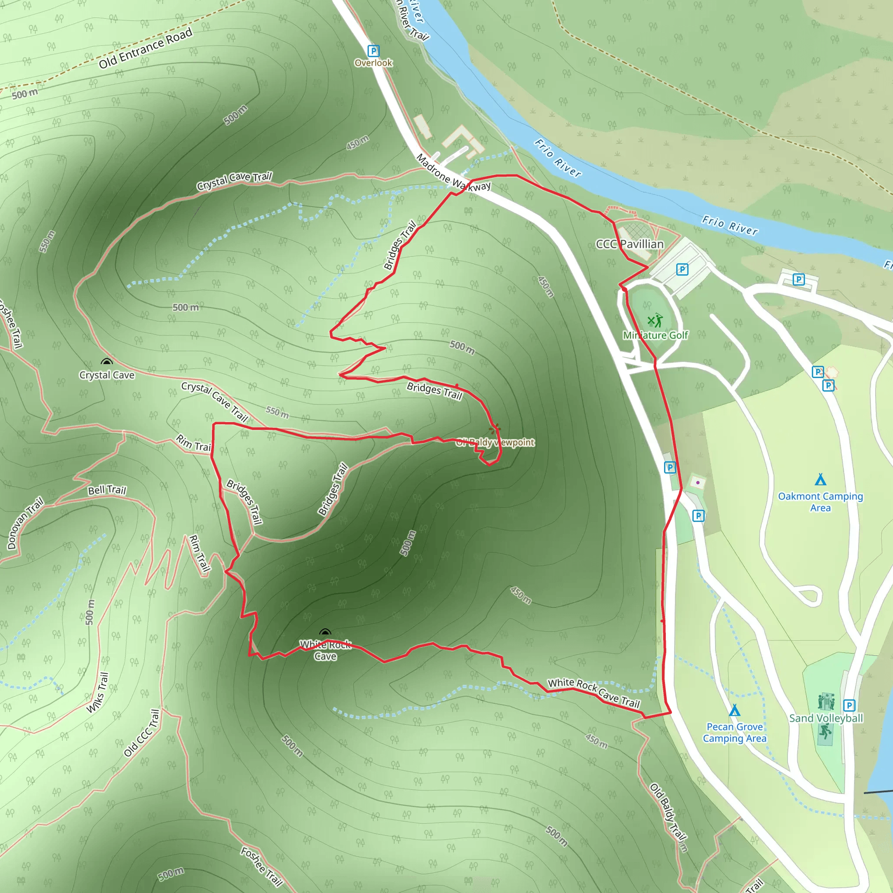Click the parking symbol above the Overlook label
click(373, 51)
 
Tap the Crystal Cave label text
click(107, 375)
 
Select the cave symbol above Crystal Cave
click(107, 362)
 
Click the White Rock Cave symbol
click(325, 633)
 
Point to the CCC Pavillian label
click(630, 244)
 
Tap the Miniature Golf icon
click(654, 320)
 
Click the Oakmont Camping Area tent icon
click(821, 479)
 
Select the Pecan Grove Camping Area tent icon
click(734, 710)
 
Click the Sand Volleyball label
click(826, 718)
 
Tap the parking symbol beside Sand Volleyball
click(849, 706)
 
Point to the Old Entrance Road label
click(146, 48)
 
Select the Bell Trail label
click(107, 490)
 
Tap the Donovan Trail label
click(25, 523)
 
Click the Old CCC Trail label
click(141, 733)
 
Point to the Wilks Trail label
click(98, 692)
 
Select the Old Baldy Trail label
click(668, 817)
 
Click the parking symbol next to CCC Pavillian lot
click(682, 269)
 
